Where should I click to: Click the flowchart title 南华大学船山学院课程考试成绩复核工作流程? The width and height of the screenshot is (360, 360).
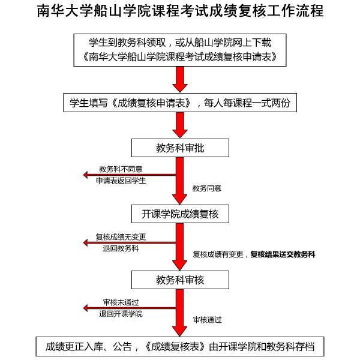180,11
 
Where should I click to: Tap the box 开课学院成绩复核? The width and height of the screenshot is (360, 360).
180,214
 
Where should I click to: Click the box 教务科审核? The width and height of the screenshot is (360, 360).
180,280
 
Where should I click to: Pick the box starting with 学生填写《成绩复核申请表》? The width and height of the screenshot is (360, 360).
180,103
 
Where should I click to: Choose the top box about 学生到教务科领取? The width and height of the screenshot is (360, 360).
180,50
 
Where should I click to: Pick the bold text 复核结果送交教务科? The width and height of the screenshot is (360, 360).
283,254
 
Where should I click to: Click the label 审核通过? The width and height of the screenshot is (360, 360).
208,320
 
